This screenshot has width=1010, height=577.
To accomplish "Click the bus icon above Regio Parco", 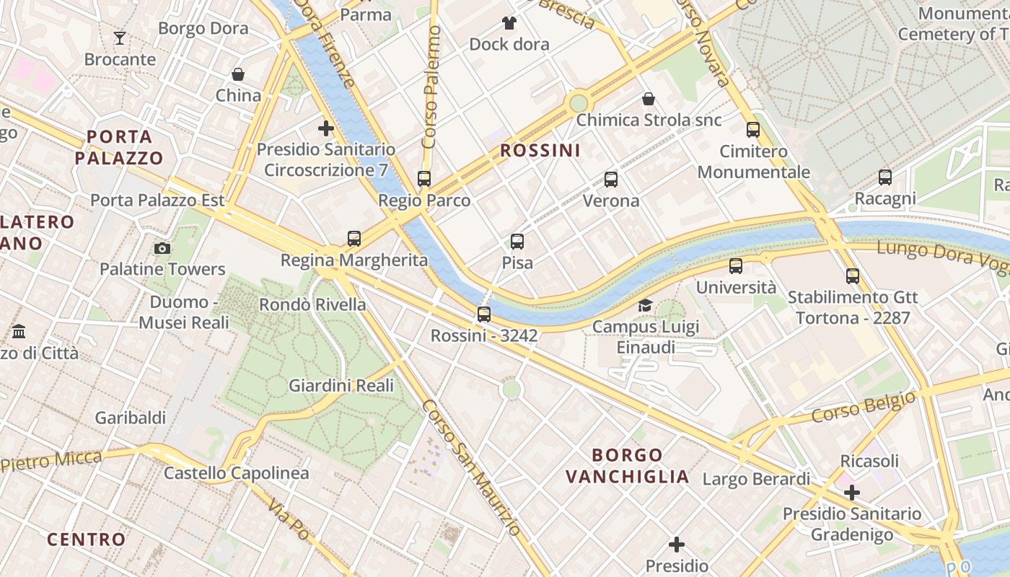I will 424,178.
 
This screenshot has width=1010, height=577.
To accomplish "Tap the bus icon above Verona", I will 611,179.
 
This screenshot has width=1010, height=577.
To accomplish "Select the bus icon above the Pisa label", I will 517,242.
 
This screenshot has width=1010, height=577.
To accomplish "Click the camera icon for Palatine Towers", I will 162,248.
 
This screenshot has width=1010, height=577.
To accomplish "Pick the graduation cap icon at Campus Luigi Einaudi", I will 645,305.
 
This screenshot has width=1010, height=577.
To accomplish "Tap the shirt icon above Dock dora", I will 509,22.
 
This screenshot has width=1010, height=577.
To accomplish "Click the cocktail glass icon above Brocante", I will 120,38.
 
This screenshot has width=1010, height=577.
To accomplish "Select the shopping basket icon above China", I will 238,74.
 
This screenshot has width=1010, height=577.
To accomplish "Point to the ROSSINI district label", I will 540,150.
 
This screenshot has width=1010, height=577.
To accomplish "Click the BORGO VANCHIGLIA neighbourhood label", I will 627,466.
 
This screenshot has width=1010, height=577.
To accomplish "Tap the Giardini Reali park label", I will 341,385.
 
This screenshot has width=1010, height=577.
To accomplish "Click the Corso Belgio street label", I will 864,406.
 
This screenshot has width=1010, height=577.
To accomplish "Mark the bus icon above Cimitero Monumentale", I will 753,130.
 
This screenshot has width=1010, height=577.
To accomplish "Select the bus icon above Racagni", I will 885,177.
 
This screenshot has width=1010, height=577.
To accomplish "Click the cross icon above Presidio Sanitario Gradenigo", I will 852,493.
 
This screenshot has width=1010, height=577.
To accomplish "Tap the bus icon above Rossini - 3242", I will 484,314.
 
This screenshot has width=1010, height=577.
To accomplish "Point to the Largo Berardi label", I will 756,479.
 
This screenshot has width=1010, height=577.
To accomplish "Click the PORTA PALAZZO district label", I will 120,147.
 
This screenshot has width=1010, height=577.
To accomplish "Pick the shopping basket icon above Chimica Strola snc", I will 649,99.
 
